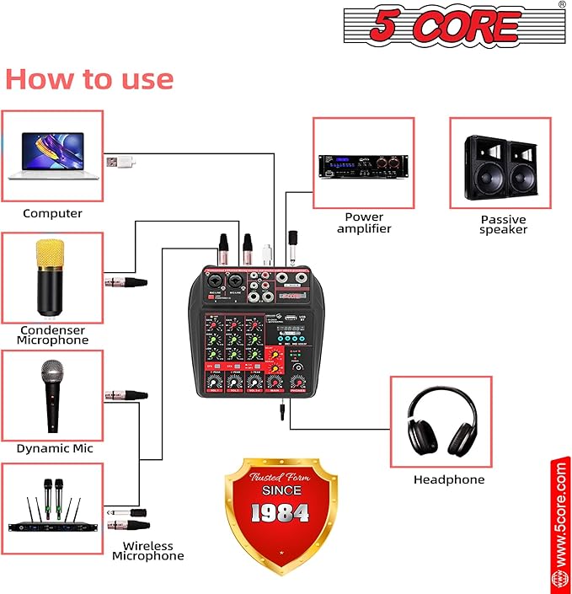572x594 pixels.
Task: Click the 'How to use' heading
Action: (89, 78)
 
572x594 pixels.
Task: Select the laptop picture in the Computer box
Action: (52, 155)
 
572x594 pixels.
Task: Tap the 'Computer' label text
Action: (52, 213)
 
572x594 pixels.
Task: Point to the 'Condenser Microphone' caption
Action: (52, 334)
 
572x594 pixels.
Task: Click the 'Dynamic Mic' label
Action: (55, 448)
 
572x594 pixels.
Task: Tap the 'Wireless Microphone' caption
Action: (147, 551)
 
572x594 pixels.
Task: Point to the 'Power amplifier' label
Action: (364, 222)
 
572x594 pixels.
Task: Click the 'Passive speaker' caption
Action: (503, 224)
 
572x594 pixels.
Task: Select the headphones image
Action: (441, 422)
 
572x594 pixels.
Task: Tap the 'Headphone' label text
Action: (448, 479)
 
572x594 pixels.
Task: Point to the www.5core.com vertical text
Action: (560, 513)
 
